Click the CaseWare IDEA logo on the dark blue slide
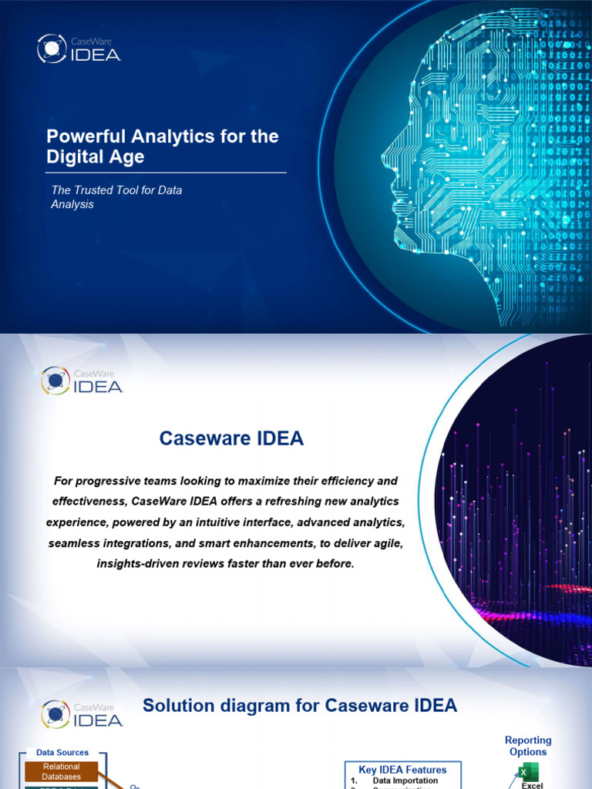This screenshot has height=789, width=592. click(79, 49)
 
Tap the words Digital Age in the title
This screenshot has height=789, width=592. click(96, 157)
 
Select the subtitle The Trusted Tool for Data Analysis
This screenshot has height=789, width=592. click(114, 196)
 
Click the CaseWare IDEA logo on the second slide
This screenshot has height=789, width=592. click(82, 381)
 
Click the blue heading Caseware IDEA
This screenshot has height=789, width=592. click(231, 439)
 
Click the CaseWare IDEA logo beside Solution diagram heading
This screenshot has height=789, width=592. click(82, 713)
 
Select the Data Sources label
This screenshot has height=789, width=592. click(62, 752)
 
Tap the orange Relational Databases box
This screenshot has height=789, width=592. click(62, 771)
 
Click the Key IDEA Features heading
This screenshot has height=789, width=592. click(402, 770)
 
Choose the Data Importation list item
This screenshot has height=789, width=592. click(405, 781)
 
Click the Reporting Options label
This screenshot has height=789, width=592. click(528, 746)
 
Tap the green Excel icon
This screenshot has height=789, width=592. click(529, 773)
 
